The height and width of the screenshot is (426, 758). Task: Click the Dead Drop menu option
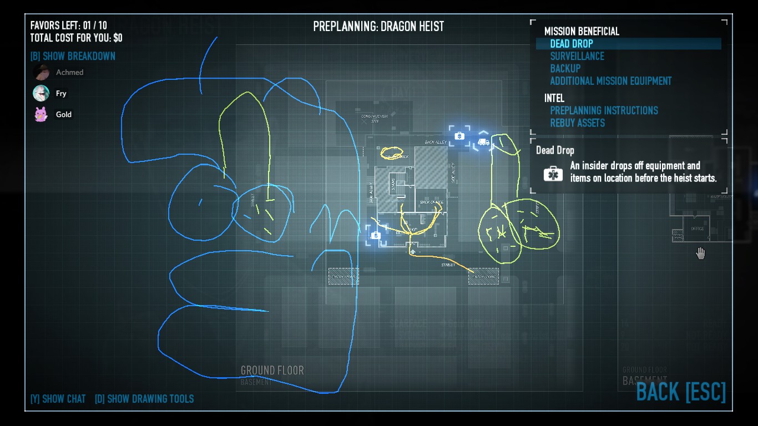572,44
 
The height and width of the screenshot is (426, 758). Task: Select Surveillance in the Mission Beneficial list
577,56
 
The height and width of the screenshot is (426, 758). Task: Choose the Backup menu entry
565,68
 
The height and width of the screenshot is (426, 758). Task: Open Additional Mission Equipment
610,81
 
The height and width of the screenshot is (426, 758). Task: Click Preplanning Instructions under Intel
604,110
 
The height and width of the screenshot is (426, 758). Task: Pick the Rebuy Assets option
577,123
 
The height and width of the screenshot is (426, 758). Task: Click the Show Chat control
58,399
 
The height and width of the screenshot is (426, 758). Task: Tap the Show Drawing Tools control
144,399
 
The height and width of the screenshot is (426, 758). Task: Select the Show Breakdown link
73,56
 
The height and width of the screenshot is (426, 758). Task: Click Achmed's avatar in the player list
41,72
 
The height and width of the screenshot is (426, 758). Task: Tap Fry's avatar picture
41,93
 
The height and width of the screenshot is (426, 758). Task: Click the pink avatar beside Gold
41,114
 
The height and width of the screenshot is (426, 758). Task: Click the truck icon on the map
483,142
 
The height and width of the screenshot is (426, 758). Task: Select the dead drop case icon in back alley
459,136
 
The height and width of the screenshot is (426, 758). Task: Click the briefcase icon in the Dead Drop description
553,174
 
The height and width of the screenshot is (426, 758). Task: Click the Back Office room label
431,202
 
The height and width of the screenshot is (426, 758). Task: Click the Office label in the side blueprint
697,229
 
